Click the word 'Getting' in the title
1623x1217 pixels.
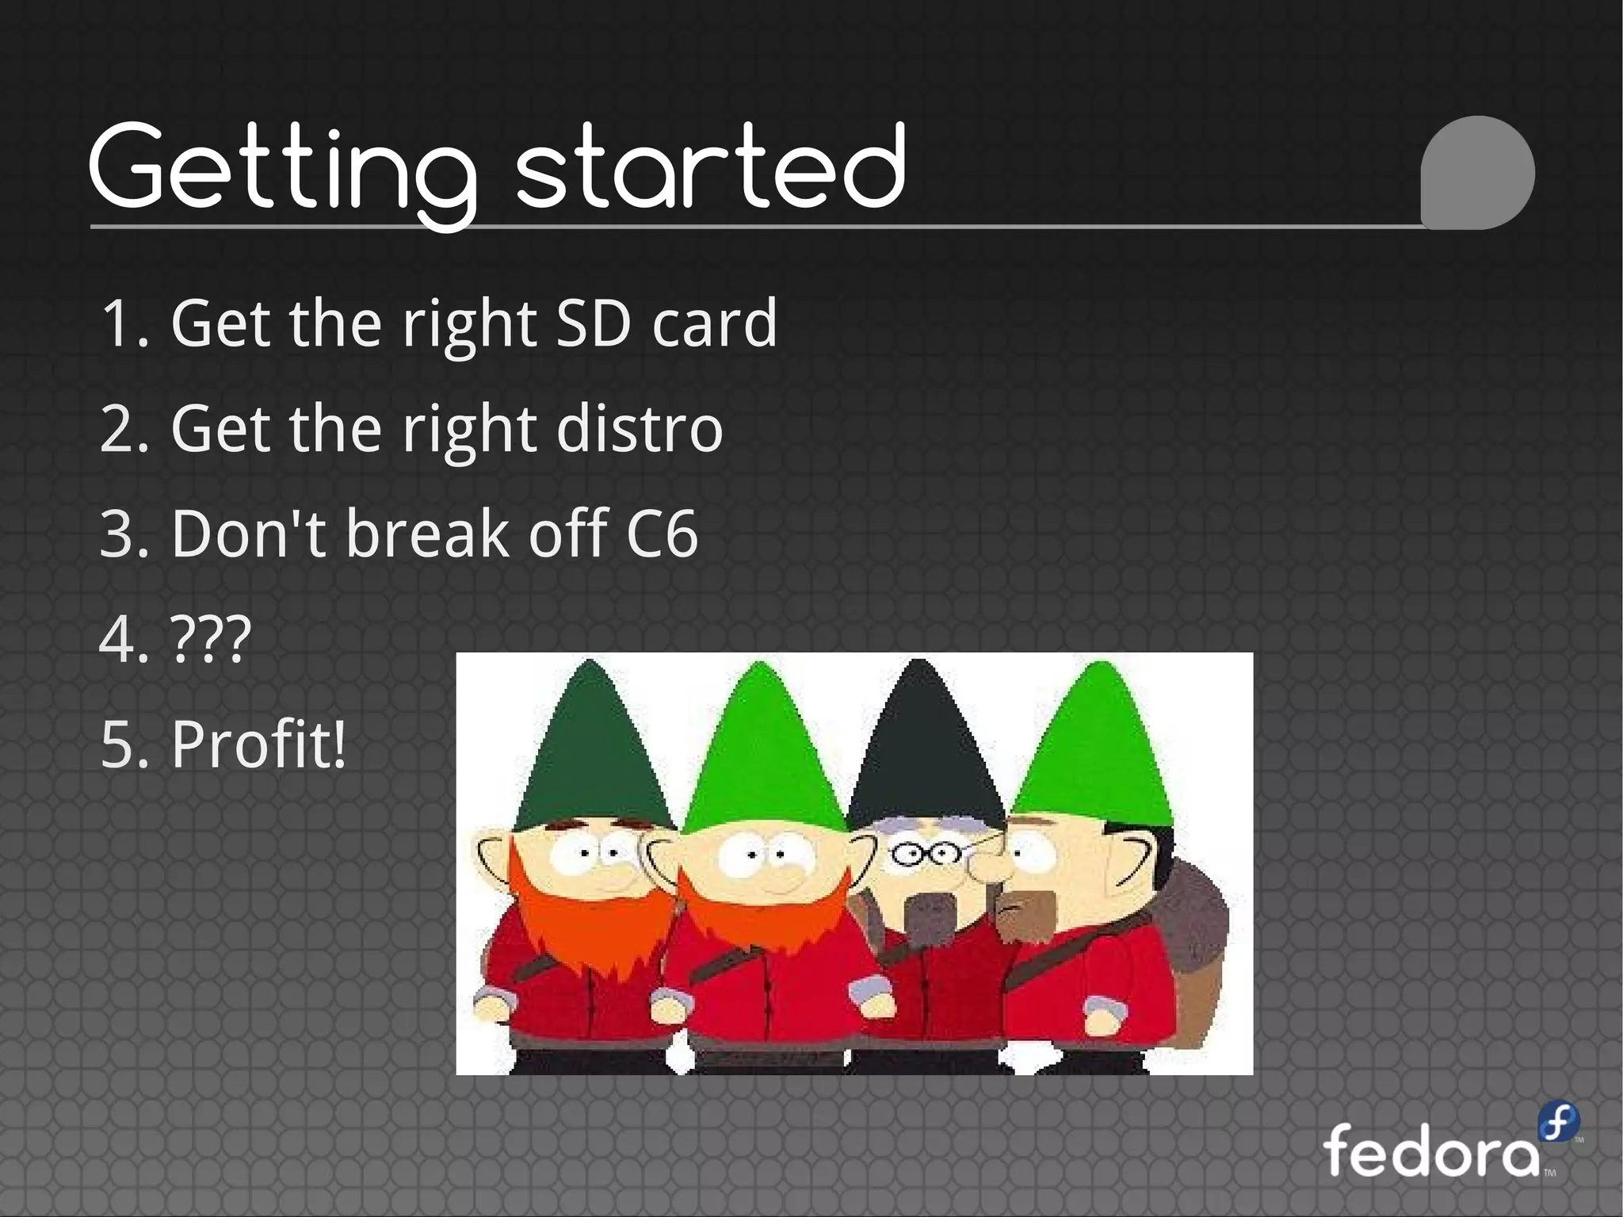[x=281, y=170]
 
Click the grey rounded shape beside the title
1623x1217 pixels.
[x=1477, y=173]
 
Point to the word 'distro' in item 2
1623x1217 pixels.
[x=640, y=429]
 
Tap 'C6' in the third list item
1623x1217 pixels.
[x=662, y=534]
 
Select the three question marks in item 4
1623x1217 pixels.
[x=211, y=639]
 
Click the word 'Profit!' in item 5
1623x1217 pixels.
[x=258, y=744]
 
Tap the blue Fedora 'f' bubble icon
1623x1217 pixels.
[x=1558, y=1123]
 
